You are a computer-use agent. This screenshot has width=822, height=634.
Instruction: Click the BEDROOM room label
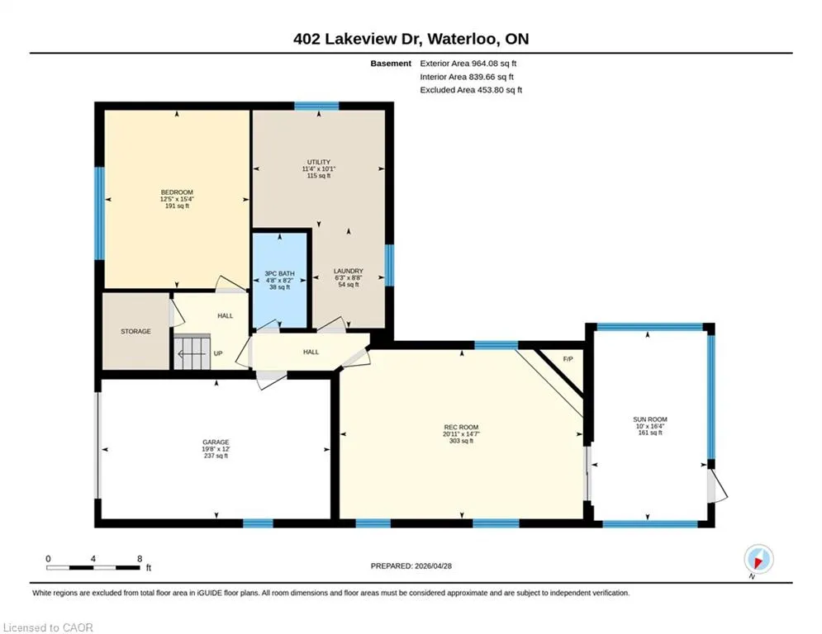177,192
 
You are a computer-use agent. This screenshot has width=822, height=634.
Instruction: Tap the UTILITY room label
319,163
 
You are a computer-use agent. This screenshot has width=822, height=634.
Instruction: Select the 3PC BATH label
279,273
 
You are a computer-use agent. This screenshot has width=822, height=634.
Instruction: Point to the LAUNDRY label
349,271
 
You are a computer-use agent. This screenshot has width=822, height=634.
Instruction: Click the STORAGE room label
135,332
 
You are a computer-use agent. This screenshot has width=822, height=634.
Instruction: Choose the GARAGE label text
216,442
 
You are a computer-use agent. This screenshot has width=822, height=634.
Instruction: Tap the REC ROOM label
461,428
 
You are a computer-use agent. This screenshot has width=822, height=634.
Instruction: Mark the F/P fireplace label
568,359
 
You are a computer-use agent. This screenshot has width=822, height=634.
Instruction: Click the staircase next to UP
192,352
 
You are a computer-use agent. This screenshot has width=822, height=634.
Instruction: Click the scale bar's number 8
140,559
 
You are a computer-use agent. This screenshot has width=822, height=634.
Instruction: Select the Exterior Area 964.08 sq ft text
468,64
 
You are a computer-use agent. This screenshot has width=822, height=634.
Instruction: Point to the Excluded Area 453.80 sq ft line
471,90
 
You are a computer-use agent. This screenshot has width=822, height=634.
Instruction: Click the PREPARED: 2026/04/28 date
411,565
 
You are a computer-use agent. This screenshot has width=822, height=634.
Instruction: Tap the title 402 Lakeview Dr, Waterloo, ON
411,39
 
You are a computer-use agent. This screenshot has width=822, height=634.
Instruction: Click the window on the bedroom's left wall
99,213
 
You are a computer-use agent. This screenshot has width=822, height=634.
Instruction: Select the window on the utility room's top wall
316,106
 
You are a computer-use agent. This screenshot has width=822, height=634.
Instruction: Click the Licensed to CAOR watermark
48,627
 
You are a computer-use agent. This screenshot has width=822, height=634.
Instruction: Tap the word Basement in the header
391,64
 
